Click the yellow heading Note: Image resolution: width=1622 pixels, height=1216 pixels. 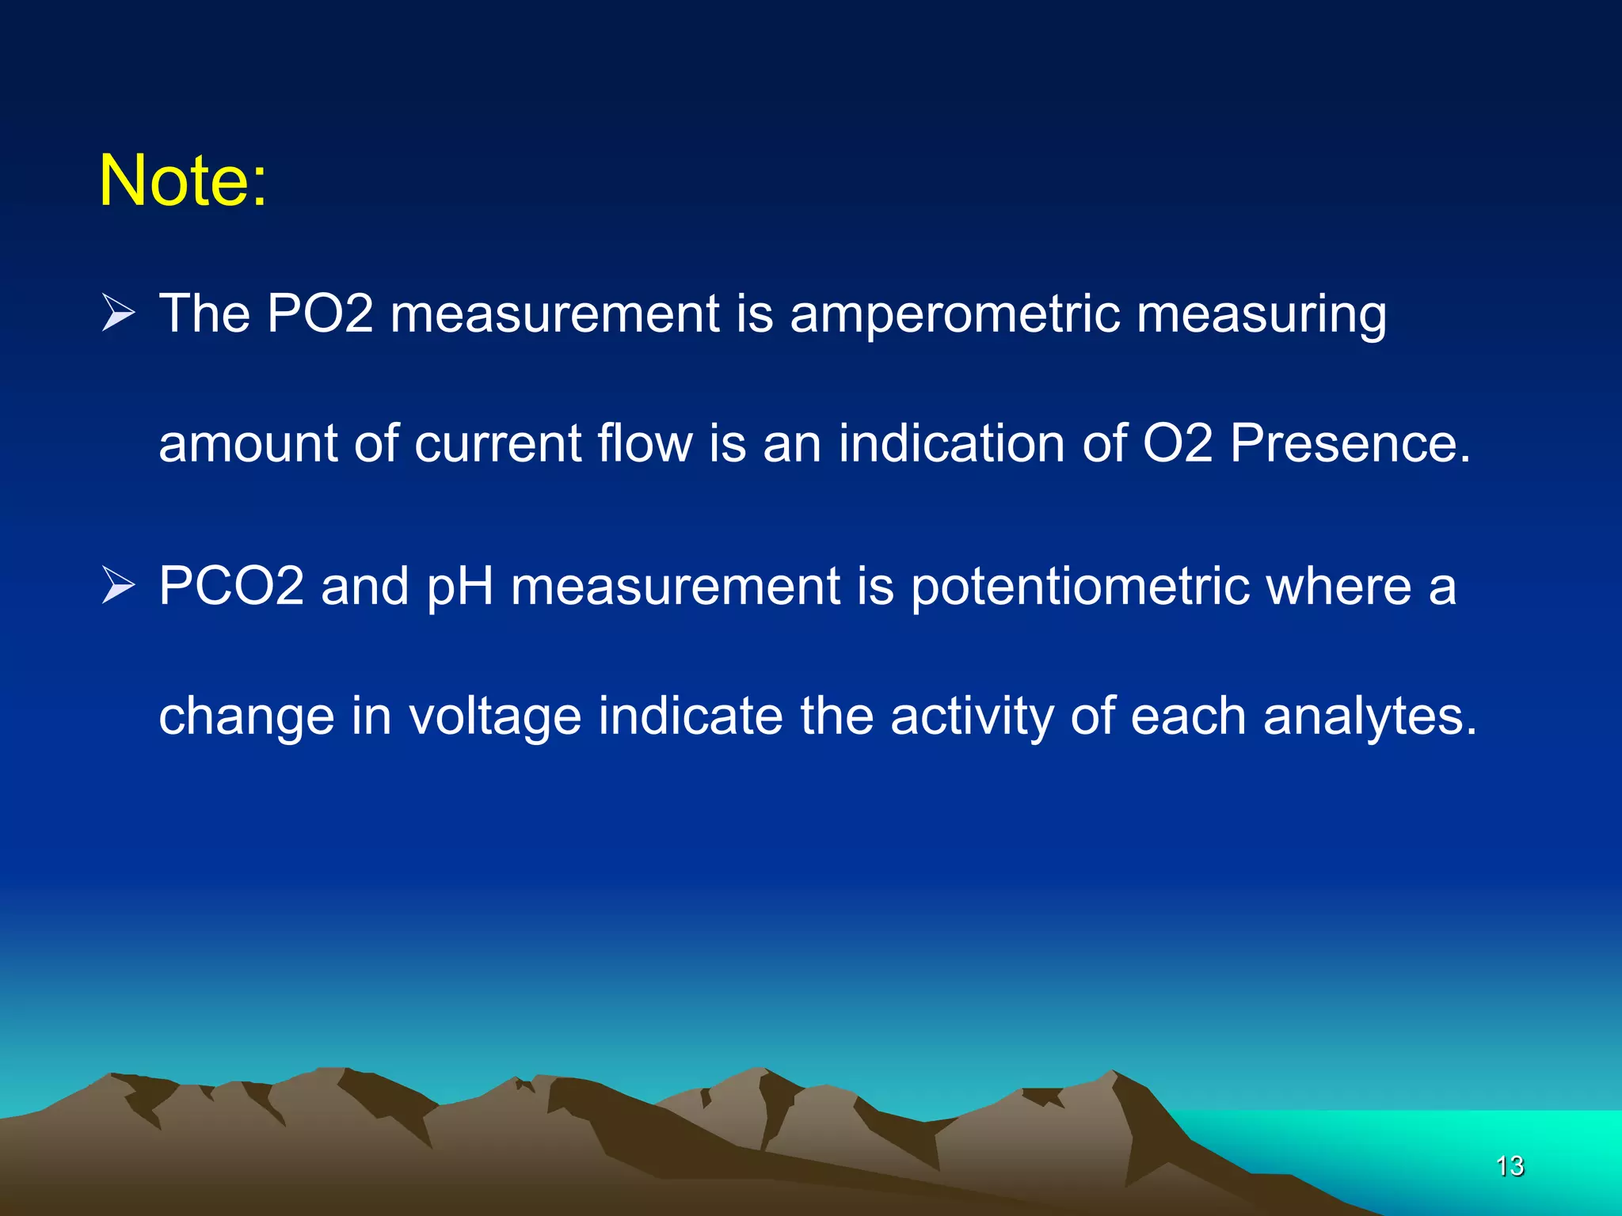coord(183,181)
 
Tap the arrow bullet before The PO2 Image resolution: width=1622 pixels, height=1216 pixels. coord(119,314)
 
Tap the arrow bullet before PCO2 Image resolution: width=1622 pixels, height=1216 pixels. coord(119,587)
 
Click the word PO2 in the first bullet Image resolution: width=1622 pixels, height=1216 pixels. coord(319,313)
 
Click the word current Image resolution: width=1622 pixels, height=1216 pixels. coord(498,443)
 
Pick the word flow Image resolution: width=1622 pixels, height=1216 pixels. coord(645,443)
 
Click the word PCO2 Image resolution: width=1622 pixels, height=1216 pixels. coord(231,587)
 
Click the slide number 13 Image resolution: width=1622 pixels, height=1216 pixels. coord(1510,1166)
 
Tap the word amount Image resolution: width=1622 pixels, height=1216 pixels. coord(248,443)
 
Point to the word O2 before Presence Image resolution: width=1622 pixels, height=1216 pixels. coord(1178,443)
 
